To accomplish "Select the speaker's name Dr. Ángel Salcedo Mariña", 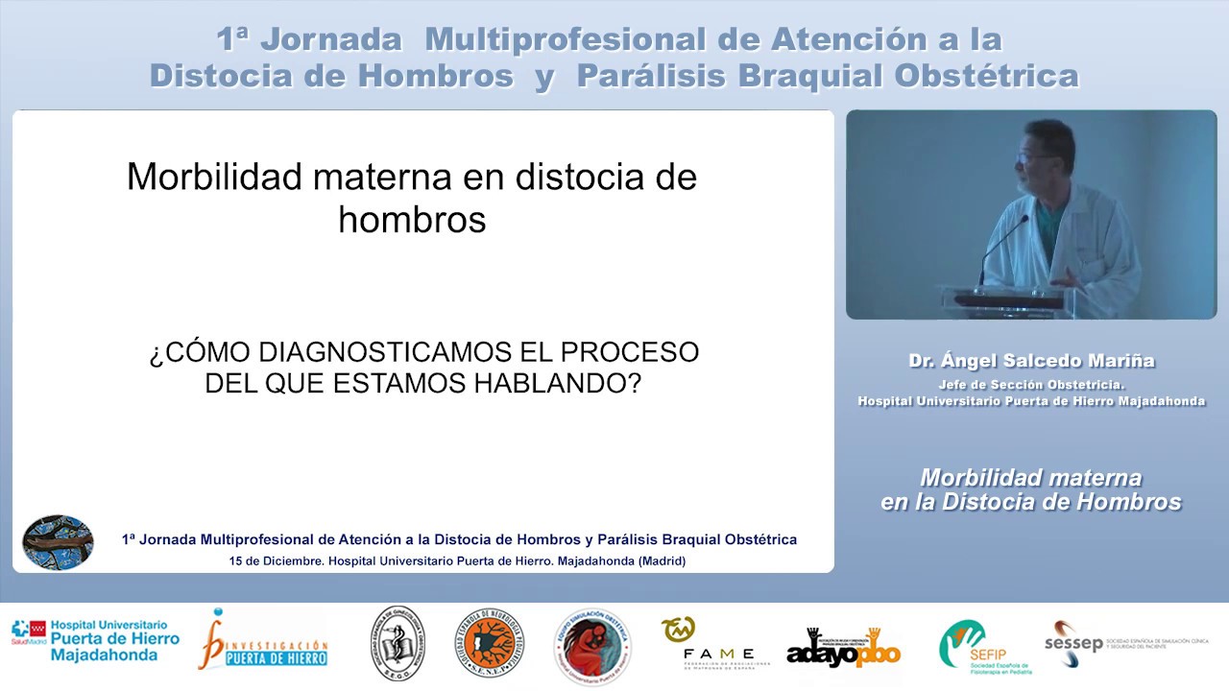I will [1031, 361].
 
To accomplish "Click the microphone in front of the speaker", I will [1002, 246].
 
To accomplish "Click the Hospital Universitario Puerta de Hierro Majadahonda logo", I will [95, 641].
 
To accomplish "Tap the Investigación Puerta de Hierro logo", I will [263, 642].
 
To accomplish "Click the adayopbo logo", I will [843, 649].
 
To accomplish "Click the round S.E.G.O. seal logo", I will [398, 643].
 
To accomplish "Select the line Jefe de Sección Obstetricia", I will [1031, 385].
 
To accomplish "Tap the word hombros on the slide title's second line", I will [412, 220].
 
